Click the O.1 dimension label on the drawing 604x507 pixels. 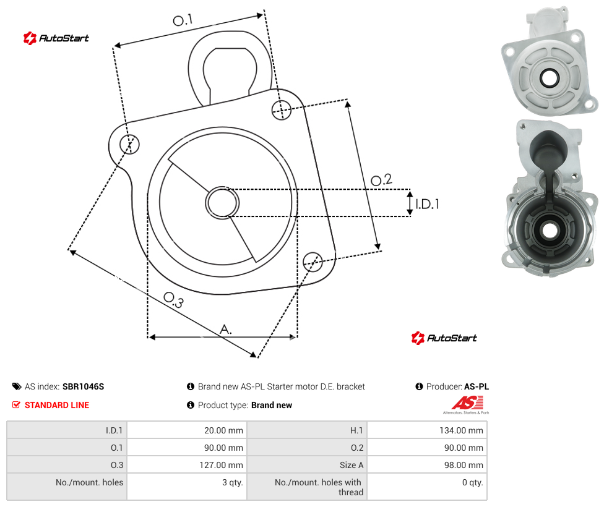(183, 20)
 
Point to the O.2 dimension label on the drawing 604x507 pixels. (381, 180)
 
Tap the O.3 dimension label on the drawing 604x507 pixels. (174, 300)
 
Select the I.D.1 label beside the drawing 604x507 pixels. (427, 203)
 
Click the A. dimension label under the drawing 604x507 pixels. (226, 330)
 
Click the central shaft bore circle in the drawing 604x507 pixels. (222, 203)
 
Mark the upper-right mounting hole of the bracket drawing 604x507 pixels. (282, 109)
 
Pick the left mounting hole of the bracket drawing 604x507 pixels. (129, 144)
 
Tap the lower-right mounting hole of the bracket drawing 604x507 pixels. (313, 262)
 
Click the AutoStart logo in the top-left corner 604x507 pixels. (56, 38)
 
